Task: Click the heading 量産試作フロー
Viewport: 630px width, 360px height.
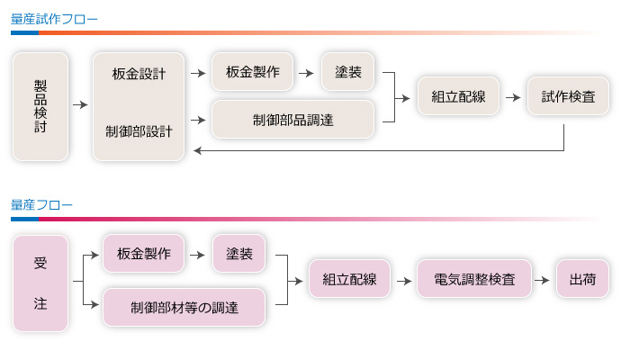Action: tap(55, 18)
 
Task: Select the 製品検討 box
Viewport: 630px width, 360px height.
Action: tap(40, 106)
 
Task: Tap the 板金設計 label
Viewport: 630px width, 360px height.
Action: tap(139, 75)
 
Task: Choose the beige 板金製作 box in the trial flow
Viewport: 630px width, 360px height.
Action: tap(252, 72)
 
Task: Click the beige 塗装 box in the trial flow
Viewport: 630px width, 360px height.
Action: tap(348, 72)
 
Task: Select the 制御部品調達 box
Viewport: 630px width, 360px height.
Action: tap(292, 119)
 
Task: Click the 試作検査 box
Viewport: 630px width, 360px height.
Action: tap(568, 96)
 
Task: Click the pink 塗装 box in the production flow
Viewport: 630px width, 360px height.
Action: tap(239, 254)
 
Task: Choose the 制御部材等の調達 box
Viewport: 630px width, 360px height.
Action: tap(184, 307)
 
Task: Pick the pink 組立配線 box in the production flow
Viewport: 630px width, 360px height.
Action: tap(348, 279)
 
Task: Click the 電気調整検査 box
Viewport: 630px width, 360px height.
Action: tap(474, 279)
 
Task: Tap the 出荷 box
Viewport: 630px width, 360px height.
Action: tap(582, 279)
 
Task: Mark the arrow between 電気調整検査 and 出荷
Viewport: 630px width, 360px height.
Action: tap(543, 279)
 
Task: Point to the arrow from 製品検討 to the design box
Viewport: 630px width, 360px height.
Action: tap(80, 106)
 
